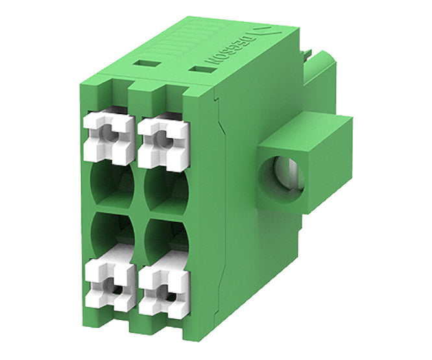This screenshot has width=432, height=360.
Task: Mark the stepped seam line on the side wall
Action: (x=220, y=195)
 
